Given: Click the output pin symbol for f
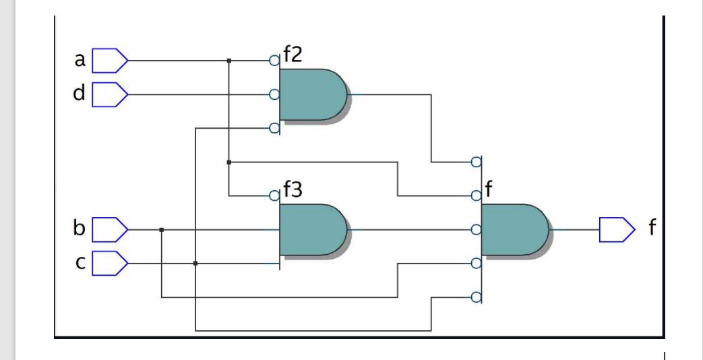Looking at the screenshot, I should (617, 229).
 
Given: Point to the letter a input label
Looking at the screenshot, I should (80, 61).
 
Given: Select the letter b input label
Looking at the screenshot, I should (80, 229).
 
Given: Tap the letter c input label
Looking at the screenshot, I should (80, 263).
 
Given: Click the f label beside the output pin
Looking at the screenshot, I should (652, 229).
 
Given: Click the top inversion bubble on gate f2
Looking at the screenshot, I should (274, 61).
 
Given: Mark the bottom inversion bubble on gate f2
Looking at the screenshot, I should (274, 128).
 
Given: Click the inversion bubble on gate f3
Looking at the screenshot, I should (274, 196).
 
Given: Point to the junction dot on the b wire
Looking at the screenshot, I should (162, 230).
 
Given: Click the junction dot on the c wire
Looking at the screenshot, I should (195, 264).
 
